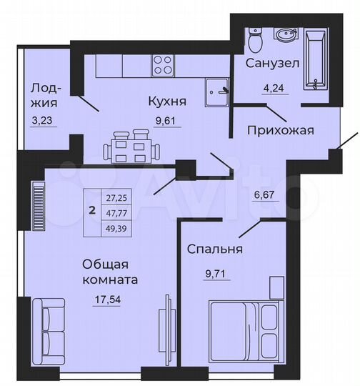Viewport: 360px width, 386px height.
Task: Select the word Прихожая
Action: click(x=281, y=130)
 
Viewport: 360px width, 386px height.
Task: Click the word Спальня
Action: click(x=215, y=249)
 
